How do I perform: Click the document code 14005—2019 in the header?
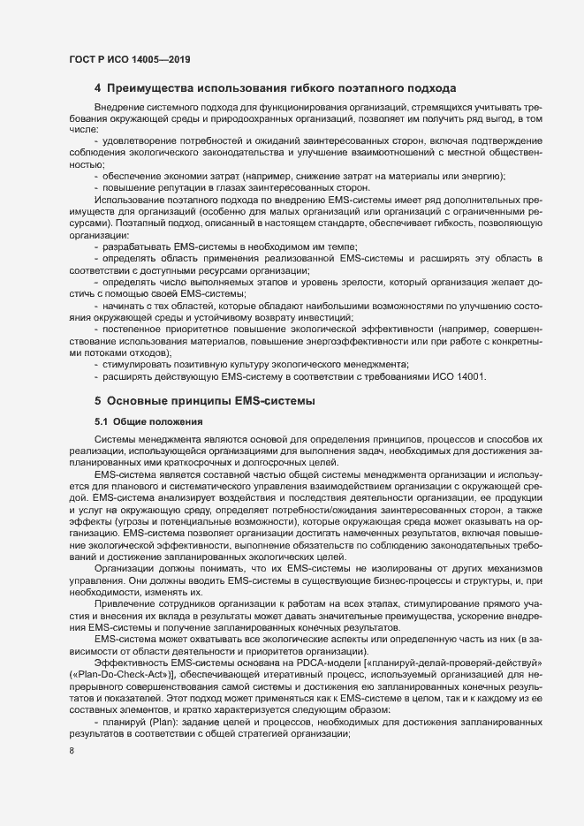pyautogui.click(x=162, y=59)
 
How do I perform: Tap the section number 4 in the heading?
pyautogui.click(x=97, y=88)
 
